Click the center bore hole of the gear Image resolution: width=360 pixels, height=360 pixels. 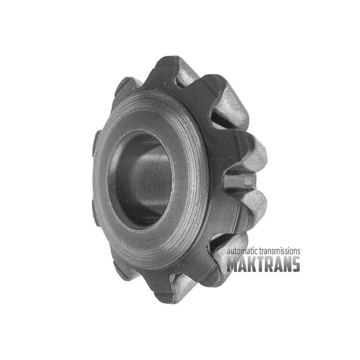coord(140,179)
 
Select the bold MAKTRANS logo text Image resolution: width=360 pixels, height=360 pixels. coord(263,264)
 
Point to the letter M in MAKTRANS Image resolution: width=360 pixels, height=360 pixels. coord(233,265)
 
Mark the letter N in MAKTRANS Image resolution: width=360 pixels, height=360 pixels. coord(287,265)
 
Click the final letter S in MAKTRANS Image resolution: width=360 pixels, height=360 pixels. coord(296,265)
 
